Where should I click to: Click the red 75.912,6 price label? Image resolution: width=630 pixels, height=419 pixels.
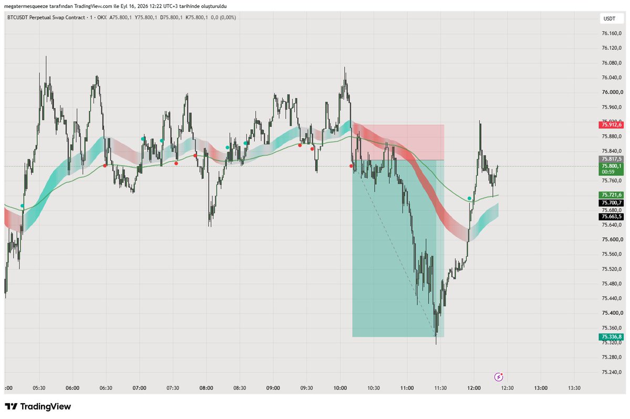tap(611, 125)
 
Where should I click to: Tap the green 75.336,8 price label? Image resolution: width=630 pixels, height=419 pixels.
tap(611, 337)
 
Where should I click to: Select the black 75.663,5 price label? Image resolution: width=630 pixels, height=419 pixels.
tap(611, 217)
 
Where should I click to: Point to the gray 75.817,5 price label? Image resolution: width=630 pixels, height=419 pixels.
tap(611, 159)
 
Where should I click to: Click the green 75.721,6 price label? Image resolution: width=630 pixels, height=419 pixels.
tap(611, 195)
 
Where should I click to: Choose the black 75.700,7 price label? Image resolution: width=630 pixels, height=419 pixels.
tap(611, 203)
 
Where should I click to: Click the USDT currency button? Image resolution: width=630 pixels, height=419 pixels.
tap(610, 18)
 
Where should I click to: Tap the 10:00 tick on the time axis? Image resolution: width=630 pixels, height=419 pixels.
tap(340, 388)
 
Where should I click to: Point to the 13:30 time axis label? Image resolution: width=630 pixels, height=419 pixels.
tap(574, 388)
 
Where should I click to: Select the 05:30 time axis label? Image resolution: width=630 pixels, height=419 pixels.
tap(39, 388)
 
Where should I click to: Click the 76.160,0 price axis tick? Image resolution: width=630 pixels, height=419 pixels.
tap(612, 33)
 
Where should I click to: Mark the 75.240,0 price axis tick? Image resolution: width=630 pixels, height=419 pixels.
tap(612, 372)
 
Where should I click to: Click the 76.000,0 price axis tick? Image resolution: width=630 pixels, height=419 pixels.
tap(612, 92)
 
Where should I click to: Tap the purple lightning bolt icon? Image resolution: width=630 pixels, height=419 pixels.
tap(499, 377)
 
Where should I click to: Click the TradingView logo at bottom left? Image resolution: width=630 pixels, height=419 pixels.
tap(38, 406)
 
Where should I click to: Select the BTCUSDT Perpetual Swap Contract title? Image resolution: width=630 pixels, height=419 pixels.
tap(46, 18)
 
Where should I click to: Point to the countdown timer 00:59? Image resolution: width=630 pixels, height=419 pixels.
tap(608, 172)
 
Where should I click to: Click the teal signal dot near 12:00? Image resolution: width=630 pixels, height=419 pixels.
tap(469, 198)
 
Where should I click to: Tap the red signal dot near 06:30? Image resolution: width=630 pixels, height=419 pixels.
tap(105, 165)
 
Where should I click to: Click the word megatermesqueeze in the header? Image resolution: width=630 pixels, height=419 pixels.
tap(26, 6)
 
